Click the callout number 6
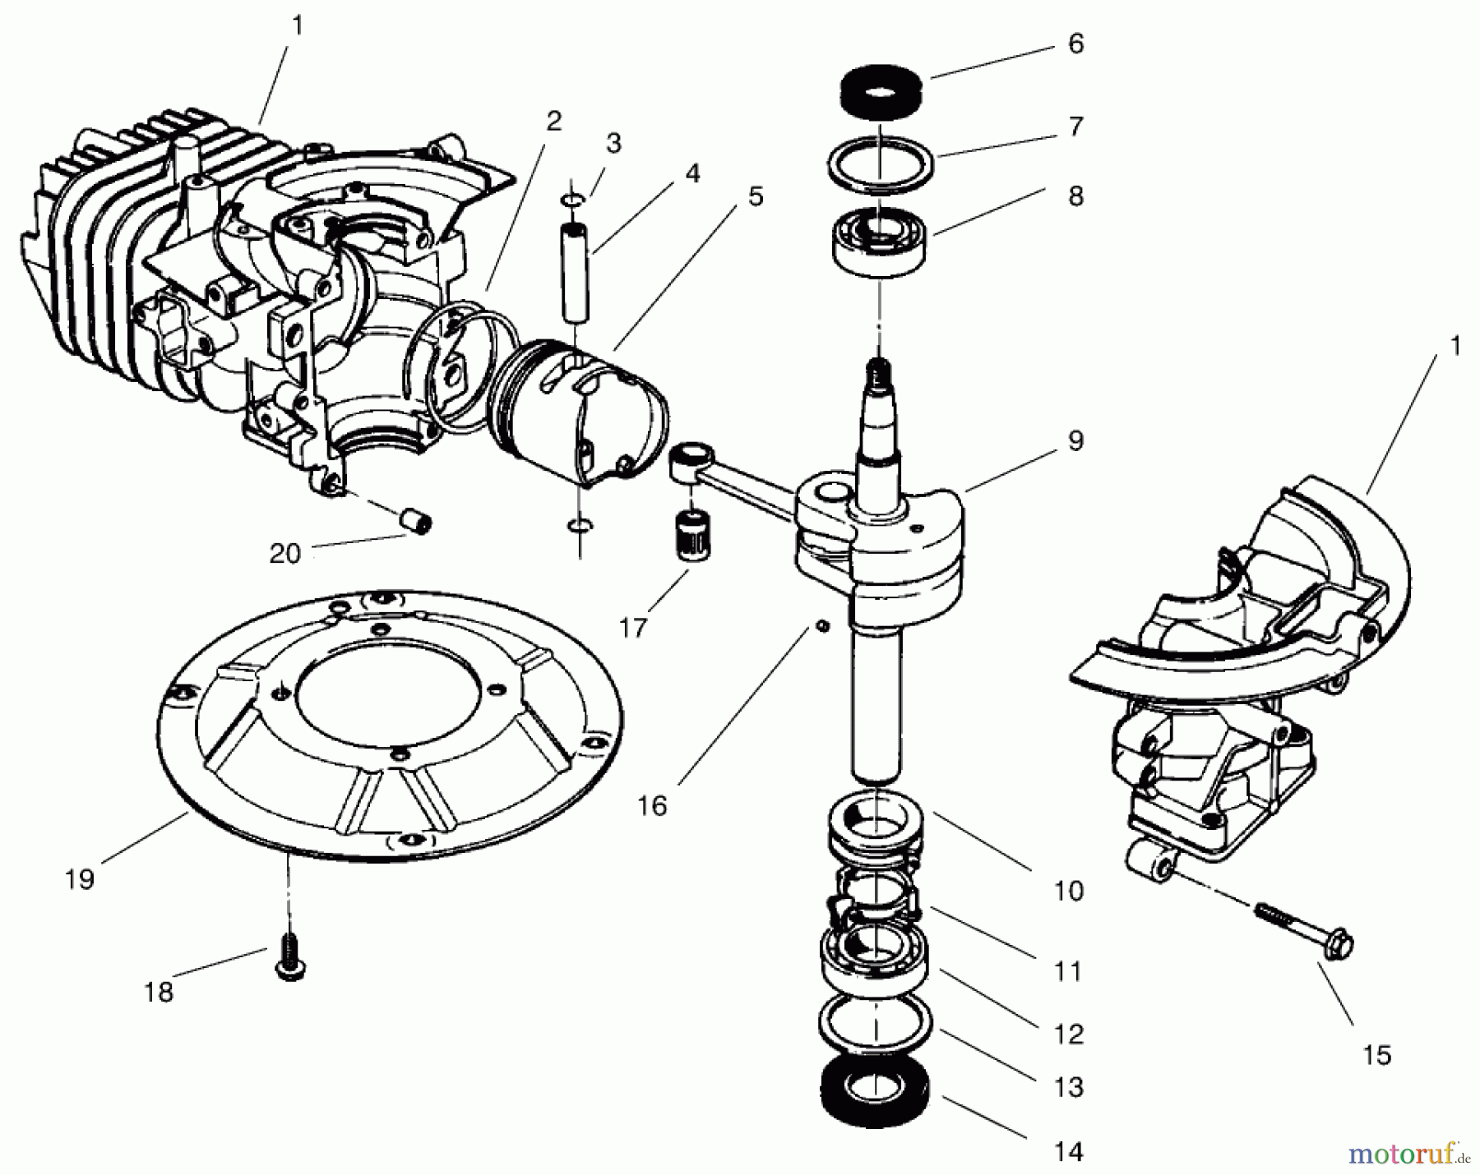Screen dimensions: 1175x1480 click(1075, 44)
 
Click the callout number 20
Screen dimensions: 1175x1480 click(285, 554)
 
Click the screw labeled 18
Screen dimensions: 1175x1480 click(288, 957)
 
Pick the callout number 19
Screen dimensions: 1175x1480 click(80, 878)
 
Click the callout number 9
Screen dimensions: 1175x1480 click(1076, 440)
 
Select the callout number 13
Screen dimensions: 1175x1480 click(1069, 1087)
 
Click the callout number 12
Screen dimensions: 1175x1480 click(1069, 1034)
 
